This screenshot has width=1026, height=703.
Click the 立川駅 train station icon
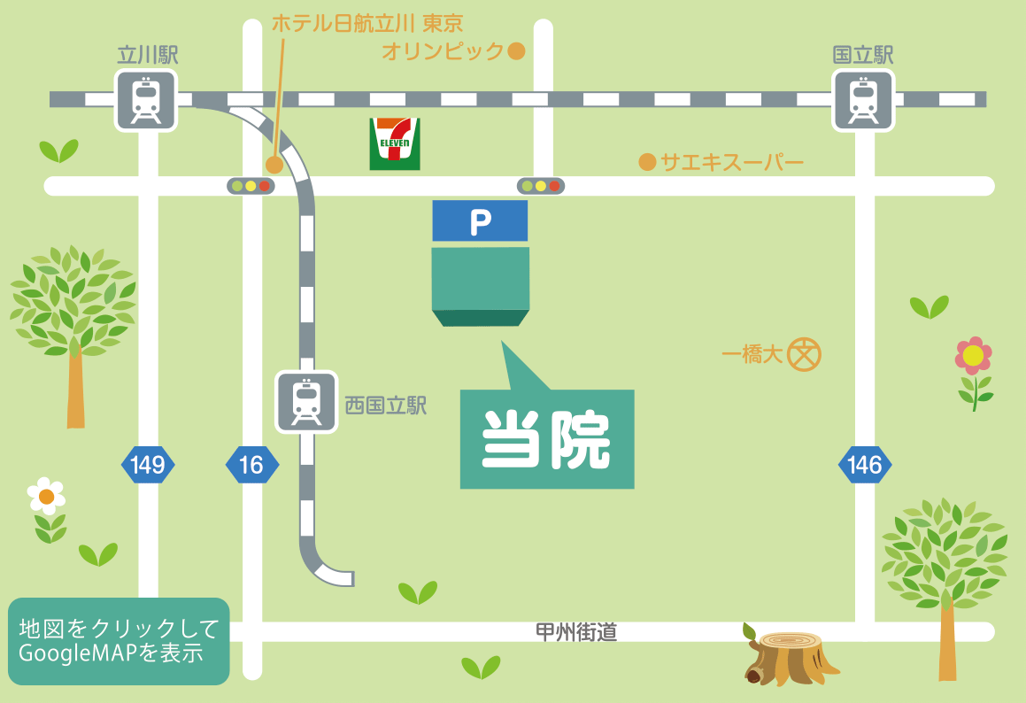point(146,100)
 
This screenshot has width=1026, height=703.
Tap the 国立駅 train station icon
point(863,100)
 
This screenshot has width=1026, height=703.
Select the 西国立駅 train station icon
point(306,402)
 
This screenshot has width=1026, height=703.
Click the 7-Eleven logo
point(395,143)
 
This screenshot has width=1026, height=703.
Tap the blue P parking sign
point(480,221)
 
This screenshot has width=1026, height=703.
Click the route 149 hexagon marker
point(148,465)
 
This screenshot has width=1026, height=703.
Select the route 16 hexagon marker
point(251,465)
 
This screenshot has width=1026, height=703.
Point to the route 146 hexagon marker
point(865,465)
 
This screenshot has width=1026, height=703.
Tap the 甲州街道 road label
point(576,632)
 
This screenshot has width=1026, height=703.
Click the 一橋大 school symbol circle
point(806,354)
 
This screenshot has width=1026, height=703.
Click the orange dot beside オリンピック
point(516,51)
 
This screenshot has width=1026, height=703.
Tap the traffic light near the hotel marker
point(251,186)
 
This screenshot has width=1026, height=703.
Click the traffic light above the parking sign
point(540,186)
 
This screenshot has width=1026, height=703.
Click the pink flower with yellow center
point(974,356)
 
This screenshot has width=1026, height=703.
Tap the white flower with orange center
point(46,496)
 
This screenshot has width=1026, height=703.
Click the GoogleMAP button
point(119,641)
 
